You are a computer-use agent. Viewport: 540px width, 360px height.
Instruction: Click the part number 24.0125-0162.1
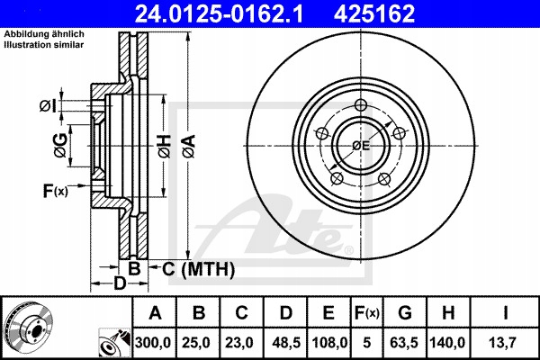click(x=256, y=13)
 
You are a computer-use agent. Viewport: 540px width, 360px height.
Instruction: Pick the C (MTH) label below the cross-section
click(x=192, y=269)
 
